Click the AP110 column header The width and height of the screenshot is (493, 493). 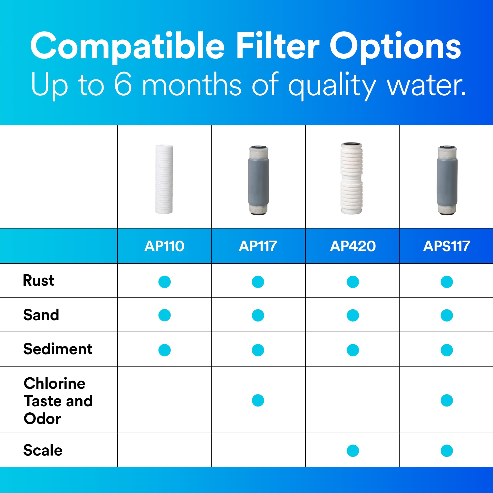pos(164,246)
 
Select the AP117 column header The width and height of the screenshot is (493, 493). pos(258,246)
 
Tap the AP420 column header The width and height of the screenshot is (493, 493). pos(353,246)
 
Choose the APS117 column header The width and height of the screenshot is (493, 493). pos(446,246)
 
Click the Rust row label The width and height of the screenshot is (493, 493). pos(38,281)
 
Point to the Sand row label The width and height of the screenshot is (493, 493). pos(41,315)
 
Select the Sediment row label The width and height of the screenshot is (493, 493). pos(58,349)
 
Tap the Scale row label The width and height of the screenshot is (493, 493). pos(43,450)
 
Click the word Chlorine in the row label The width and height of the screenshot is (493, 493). pos(54,383)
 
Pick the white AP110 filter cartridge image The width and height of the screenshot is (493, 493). pos(164,179)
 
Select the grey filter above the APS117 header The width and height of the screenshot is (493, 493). pos(447,180)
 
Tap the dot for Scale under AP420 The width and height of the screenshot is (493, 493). pos(353,451)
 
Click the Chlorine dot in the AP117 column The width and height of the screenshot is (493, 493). pos(258,400)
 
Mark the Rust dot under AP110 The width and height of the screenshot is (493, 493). pos(164,282)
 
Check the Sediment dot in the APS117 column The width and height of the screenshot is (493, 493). pos(447,350)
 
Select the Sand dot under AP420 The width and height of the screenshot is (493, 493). pos(353,316)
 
